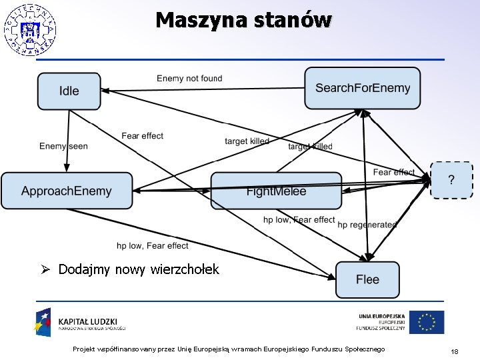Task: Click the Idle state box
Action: [69, 91]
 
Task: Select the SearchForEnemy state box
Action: [363, 88]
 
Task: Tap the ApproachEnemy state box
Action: [67, 191]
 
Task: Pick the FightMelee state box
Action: [276, 191]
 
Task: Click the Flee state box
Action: [367, 279]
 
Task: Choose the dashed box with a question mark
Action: [451, 180]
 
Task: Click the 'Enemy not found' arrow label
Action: [189, 79]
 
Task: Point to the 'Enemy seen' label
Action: [63, 146]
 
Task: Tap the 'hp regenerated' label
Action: [367, 225]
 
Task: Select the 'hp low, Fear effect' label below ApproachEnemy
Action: [152, 245]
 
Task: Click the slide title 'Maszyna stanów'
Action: [243, 20]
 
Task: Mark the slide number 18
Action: [454, 351]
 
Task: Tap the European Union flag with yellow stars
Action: [426, 322]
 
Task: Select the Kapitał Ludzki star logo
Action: [43, 321]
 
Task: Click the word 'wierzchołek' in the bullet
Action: [185, 269]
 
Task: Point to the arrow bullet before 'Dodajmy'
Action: [45, 269]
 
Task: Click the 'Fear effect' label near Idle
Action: [142, 136]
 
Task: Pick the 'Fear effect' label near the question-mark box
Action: [393, 172]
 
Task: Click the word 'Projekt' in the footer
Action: [84, 349]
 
